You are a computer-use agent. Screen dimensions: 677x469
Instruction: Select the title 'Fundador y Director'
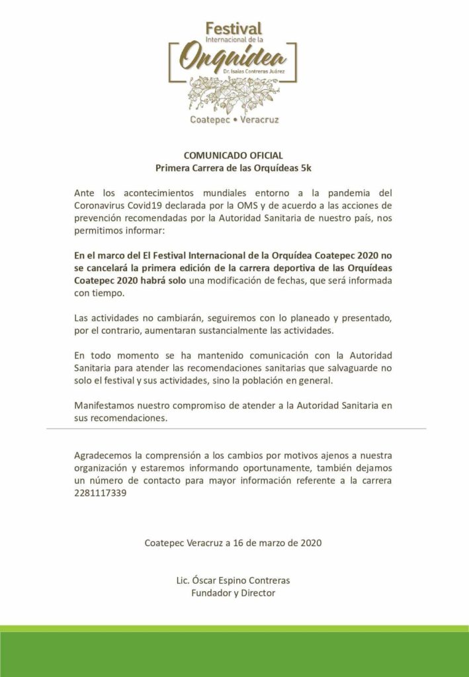tap(233, 593)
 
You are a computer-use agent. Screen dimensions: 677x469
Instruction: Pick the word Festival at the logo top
tap(234, 28)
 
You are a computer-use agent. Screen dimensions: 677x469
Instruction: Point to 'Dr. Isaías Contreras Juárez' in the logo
tap(262, 69)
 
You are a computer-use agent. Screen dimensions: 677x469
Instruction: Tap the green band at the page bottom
tap(234, 651)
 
